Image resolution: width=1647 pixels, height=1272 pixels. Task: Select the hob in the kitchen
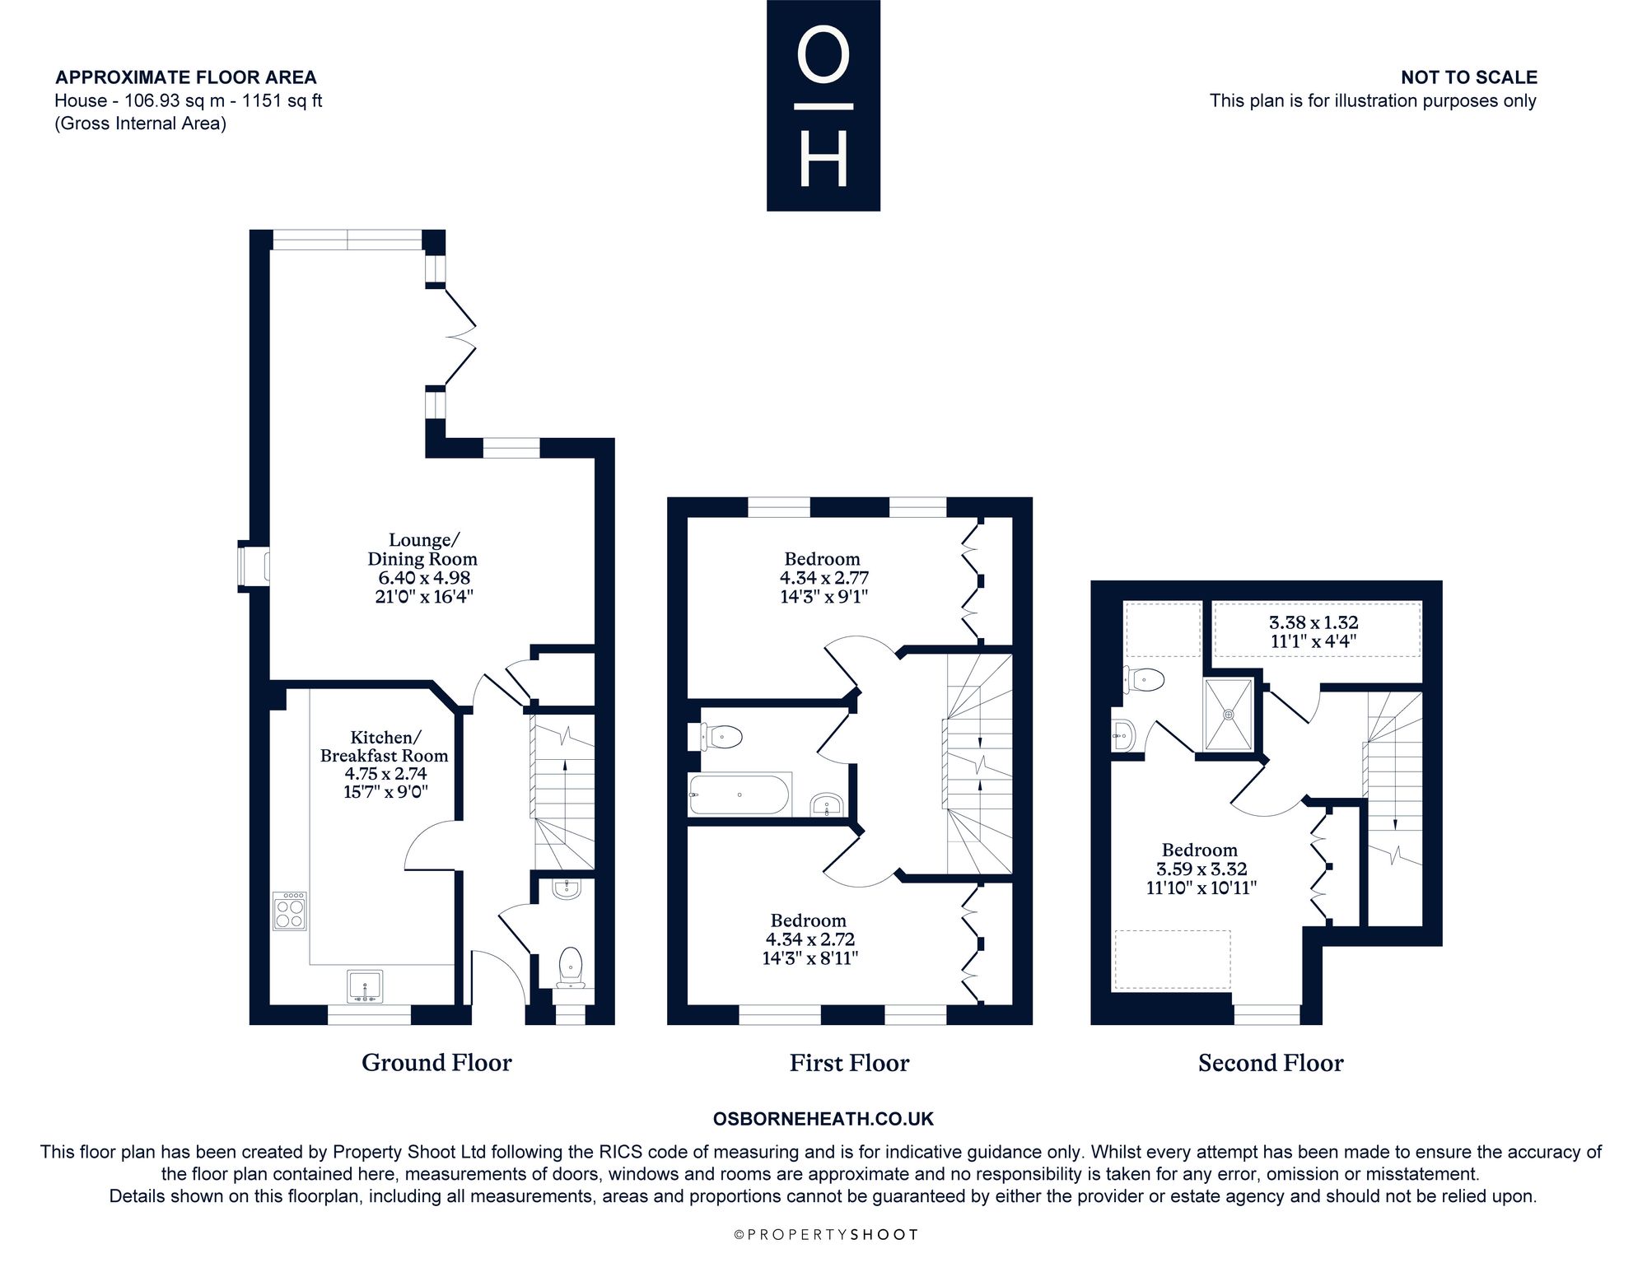click(290, 911)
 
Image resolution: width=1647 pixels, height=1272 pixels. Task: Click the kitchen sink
click(365, 986)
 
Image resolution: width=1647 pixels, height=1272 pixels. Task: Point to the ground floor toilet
click(570, 967)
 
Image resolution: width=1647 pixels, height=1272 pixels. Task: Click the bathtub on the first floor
click(740, 794)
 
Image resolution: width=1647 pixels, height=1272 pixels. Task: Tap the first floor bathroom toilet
click(722, 737)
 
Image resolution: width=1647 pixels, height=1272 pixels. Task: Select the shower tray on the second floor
click(1229, 714)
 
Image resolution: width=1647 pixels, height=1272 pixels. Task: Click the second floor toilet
click(1144, 680)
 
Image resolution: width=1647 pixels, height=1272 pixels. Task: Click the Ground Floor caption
click(436, 1063)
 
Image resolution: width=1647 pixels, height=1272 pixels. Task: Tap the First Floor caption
click(849, 1063)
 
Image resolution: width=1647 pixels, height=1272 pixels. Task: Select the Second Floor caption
click(1271, 1063)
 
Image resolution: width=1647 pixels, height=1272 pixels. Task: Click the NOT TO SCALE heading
click(1469, 77)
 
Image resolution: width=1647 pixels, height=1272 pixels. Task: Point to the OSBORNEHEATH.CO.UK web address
click(823, 1119)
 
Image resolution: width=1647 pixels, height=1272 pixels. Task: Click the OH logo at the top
click(823, 105)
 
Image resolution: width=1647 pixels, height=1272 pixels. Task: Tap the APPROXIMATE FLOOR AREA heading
click(186, 77)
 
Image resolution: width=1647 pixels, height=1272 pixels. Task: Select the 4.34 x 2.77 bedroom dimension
click(824, 578)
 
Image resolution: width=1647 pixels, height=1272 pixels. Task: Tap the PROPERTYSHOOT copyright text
click(825, 1235)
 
